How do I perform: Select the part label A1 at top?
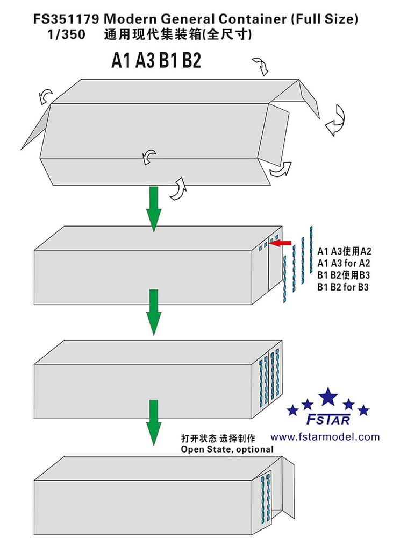pyautogui.click(x=122, y=61)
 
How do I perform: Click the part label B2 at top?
pyautogui.click(x=191, y=61)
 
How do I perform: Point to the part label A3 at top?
pyautogui.click(x=145, y=61)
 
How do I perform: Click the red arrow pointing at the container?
pyautogui.click(x=280, y=244)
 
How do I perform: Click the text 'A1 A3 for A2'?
pyautogui.click(x=345, y=263)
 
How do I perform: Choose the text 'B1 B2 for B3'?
pyautogui.click(x=345, y=287)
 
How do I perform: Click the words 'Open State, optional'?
pyautogui.click(x=227, y=449)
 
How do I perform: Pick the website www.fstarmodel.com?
pyautogui.click(x=325, y=437)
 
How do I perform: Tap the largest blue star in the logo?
pyautogui.click(x=328, y=397)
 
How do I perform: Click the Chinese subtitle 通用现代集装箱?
pyautogui.click(x=156, y=34)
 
